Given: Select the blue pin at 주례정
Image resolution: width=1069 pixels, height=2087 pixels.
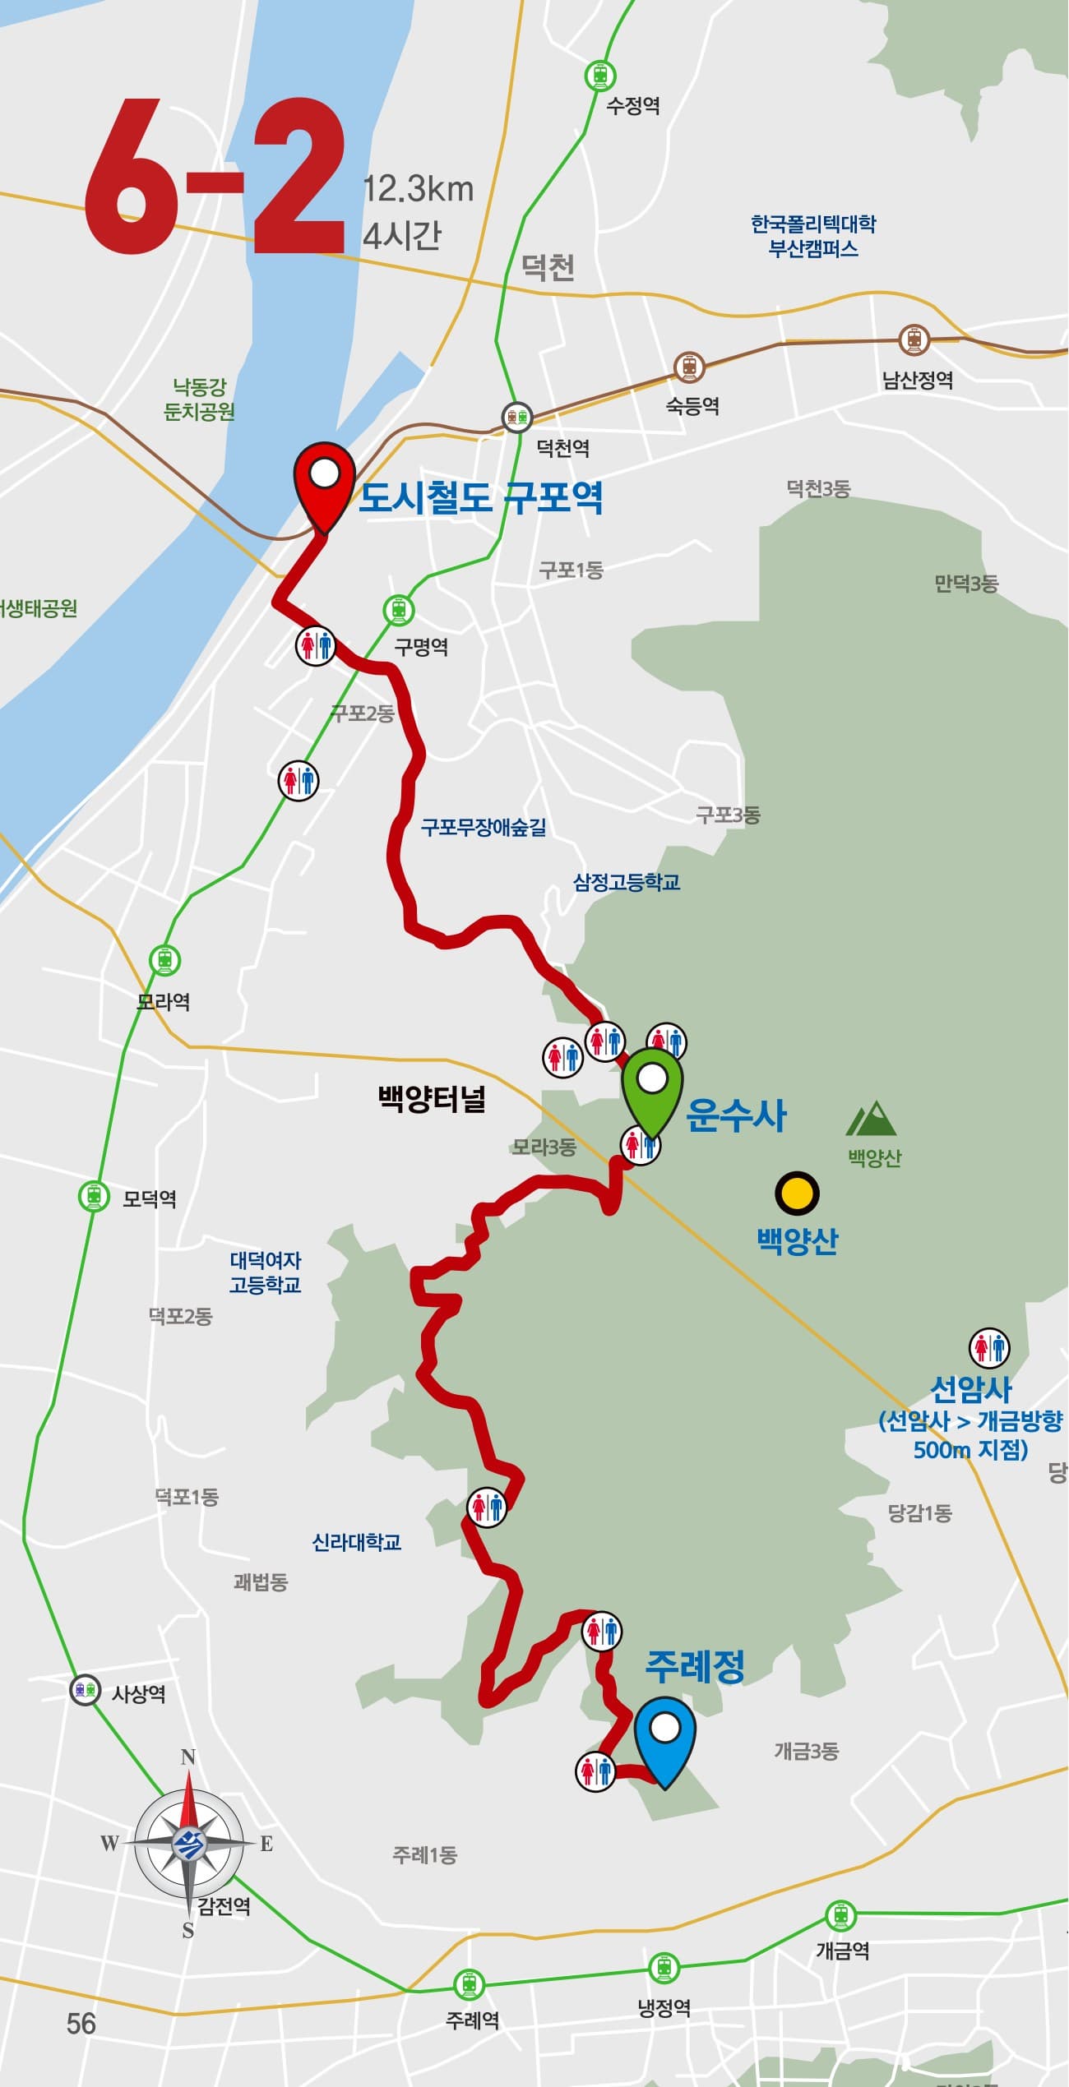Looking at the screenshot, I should point(664,1735).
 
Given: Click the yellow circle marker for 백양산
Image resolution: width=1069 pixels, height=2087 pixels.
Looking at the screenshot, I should point(797,1194).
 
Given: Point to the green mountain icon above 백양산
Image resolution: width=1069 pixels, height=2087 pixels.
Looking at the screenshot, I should point(872,1119).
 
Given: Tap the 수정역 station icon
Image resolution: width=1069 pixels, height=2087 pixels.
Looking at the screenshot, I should point(600,76).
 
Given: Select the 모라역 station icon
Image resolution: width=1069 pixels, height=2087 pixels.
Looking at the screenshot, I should point(164,959).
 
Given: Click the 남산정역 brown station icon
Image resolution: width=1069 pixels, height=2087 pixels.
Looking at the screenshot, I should point(914,339).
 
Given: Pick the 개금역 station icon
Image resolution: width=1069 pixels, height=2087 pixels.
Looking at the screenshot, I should point(840,1916).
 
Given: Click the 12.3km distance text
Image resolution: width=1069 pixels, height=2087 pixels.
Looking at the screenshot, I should point(419,189).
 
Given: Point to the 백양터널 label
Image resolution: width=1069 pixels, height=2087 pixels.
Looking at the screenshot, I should point(432,1099).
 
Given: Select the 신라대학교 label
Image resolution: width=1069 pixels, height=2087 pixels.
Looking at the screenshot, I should point(357,1543).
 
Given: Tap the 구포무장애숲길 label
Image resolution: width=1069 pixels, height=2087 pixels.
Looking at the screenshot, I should point(484,827).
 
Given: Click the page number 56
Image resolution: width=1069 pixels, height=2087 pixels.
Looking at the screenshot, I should point(81,2024).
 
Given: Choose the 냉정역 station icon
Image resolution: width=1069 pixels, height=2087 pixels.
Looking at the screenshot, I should point(664,1969).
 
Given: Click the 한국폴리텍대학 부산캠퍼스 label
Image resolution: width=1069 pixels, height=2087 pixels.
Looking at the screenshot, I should point(813,236).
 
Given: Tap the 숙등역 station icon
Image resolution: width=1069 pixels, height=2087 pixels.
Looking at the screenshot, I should point(689,367).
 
